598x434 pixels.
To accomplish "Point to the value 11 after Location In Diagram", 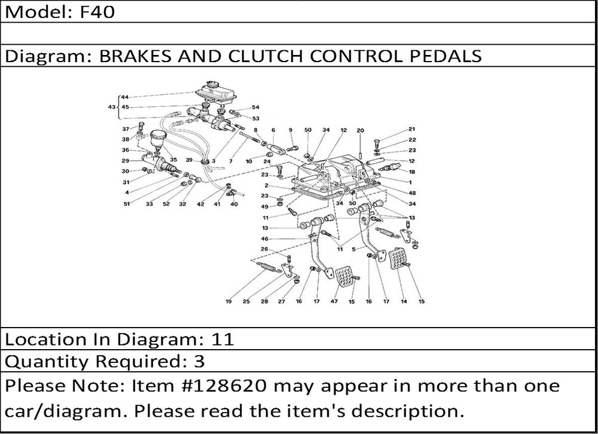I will (x=222, y=340).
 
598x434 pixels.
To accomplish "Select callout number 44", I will (x=124, y=97).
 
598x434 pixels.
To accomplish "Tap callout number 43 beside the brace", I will (x=111, y=107).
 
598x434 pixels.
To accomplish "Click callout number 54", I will (x=256, y=108).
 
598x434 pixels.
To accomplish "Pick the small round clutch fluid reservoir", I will (x=158, y=139).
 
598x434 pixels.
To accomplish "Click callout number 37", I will (x=126, y=129).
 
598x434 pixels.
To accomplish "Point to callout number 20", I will (x=360, y=130).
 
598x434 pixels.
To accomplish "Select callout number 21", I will (x=411, y=129).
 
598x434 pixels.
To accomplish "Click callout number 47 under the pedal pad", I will (x=334, y=301).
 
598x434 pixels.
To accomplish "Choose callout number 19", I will (x=228, y=301).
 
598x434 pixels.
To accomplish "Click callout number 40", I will (x=234, y=204).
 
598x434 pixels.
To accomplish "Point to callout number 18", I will (x=411, y=171).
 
